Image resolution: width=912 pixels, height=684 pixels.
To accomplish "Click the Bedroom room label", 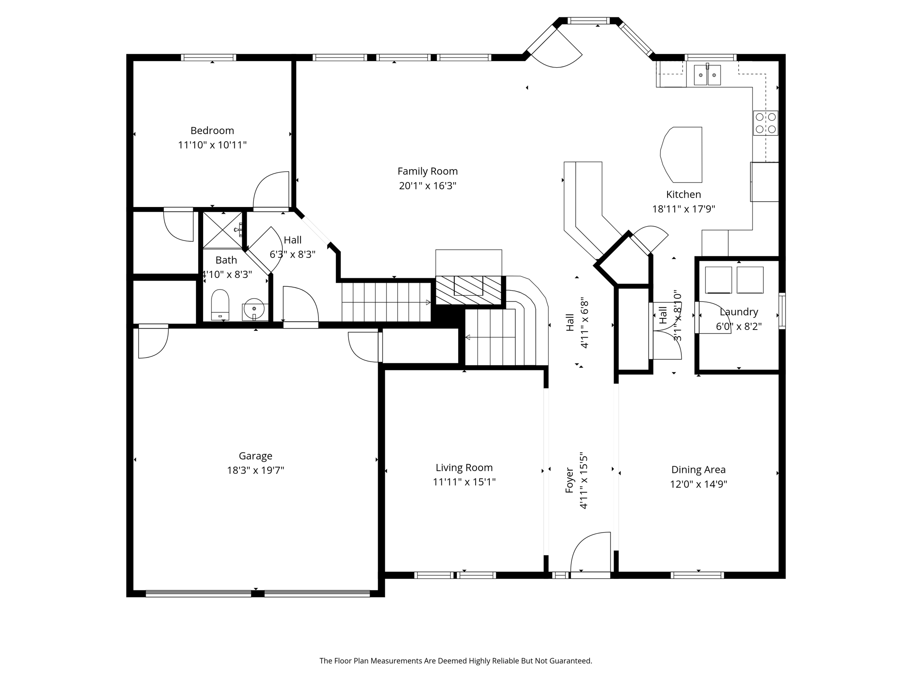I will coord(212,130).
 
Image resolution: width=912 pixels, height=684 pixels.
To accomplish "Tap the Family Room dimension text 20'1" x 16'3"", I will coord(427,186).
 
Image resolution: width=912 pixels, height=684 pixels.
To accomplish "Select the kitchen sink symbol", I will coord(707,75).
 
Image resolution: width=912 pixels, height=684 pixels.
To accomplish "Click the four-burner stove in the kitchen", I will coord(765,123).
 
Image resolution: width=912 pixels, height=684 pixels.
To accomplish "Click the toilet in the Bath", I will coord(220,304).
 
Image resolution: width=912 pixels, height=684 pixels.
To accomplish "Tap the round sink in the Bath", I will coord(254,308).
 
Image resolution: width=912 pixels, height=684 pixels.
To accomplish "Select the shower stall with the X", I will coord(223,230).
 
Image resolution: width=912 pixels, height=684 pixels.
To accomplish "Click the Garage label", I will coord(255,456).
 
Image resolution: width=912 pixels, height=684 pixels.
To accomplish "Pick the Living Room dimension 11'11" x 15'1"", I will coord(464,482).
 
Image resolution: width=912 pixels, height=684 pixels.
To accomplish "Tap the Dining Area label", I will coord(698,470).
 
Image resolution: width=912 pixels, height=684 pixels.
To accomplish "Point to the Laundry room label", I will coord(738,312).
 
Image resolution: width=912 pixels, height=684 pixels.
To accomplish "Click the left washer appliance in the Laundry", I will coord(718,280).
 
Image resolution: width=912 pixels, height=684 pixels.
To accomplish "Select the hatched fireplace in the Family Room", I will coord(468,290).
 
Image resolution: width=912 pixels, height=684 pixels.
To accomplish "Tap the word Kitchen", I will coord(683,195).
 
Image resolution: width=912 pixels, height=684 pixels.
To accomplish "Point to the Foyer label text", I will coord(570,480).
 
